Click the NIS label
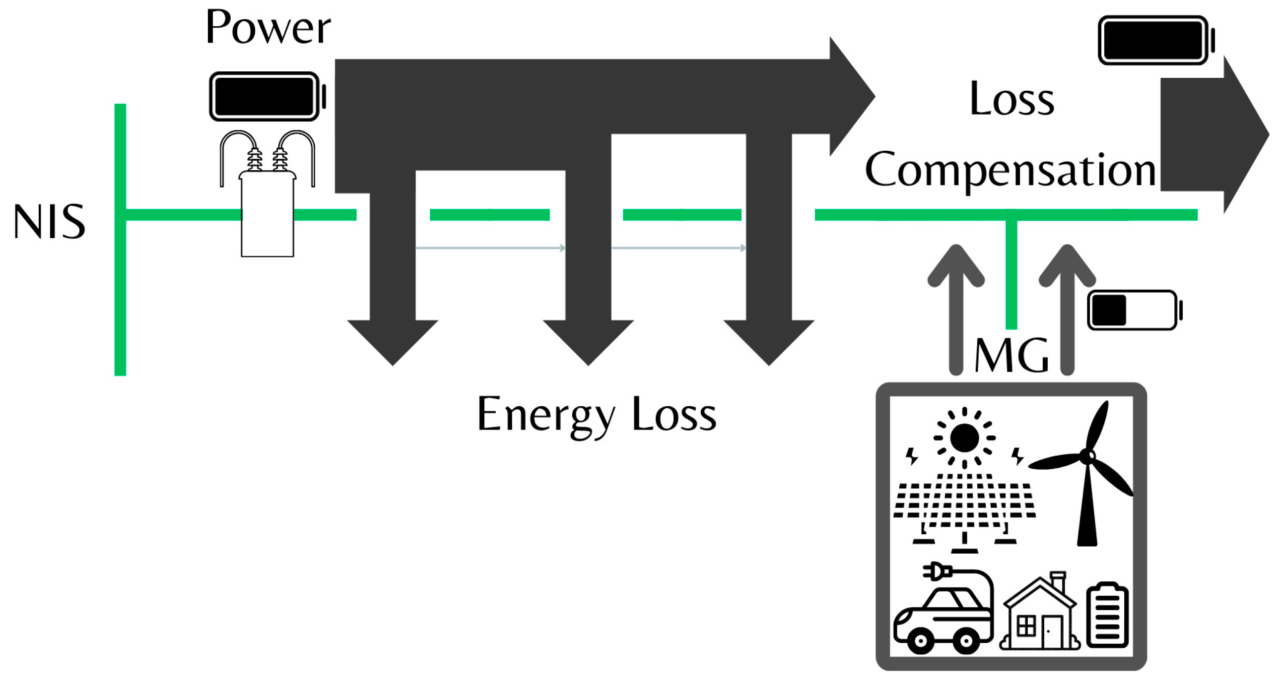click(49, 222)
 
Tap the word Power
click(268, 28)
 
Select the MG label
click(1011, 356)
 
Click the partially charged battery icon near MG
click(1133, 310)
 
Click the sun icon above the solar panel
click(964, 438)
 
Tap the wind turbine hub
click(1087, 456)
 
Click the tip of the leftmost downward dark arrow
click(393, 363)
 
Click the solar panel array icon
click(964, 507)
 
